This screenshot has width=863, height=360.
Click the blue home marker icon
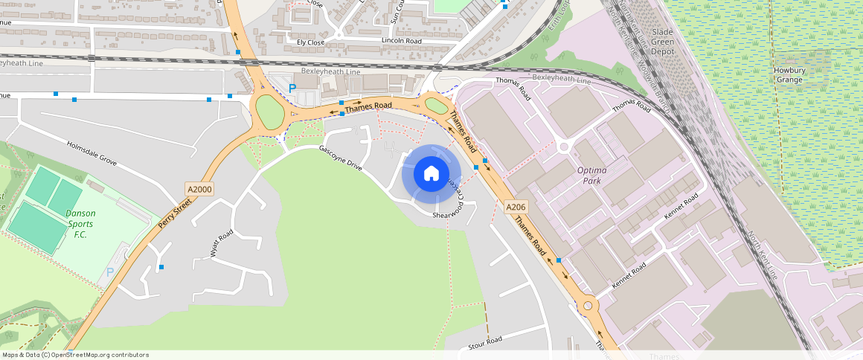(431, 174)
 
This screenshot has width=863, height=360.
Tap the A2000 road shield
(199, 190)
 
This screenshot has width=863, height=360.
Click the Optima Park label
(592, 176)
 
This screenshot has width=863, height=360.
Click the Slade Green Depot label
(662, 42)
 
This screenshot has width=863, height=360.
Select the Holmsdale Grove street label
(92, 153)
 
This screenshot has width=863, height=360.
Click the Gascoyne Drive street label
(340, 158)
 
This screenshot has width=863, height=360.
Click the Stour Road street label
(485, 344)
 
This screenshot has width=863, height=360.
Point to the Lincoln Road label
(401, 40)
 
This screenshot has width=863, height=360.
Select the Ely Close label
(310, 42)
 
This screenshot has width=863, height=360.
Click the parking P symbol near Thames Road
(292, 88)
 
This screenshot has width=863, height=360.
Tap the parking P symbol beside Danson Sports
(110, 273)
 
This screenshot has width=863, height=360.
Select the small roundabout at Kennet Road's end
(588, 305)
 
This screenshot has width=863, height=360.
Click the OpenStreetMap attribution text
(74, 355)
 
